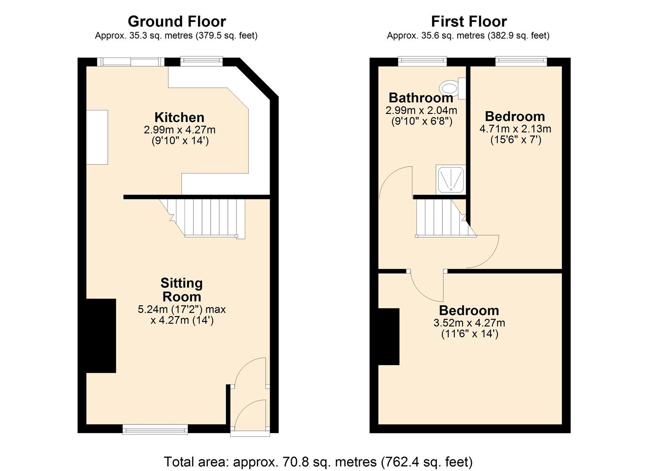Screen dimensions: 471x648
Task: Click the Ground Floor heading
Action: pyautogui.click(x=177, y=21)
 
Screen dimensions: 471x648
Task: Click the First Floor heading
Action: pyautogui.click(x=469, y=21)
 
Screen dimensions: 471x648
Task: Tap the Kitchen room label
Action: pyautogui.click(x=179, y=117)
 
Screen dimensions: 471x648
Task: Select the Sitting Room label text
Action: pyautogui.click(x=182, y=290)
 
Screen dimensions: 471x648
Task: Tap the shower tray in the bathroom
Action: pyautogui.click(x=451, y=179)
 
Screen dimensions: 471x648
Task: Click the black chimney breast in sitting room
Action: pyautogui.click(x=101, y=335)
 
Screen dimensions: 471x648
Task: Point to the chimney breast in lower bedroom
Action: pyautogui.click(x=388, y=336)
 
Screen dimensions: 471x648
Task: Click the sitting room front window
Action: pyautogui.click(x=155, y=430)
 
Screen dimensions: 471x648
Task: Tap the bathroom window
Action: pyautogui.click(x=422, y=61)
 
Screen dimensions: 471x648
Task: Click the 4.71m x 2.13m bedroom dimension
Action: pyautogui.click(x=515, y=129)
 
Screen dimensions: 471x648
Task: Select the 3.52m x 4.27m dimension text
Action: pyautogui.click(x=469, y=323)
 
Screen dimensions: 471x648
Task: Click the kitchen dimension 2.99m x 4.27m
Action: pyautogui.click(x=179, y=130)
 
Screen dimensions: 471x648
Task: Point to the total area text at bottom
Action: pyautogui.click(x=318, y=461)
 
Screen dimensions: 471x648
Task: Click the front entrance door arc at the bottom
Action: pyautogui.click(x=251, y=416)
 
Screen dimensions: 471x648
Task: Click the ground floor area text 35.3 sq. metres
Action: pyautogui.click(x=176, y=36)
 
